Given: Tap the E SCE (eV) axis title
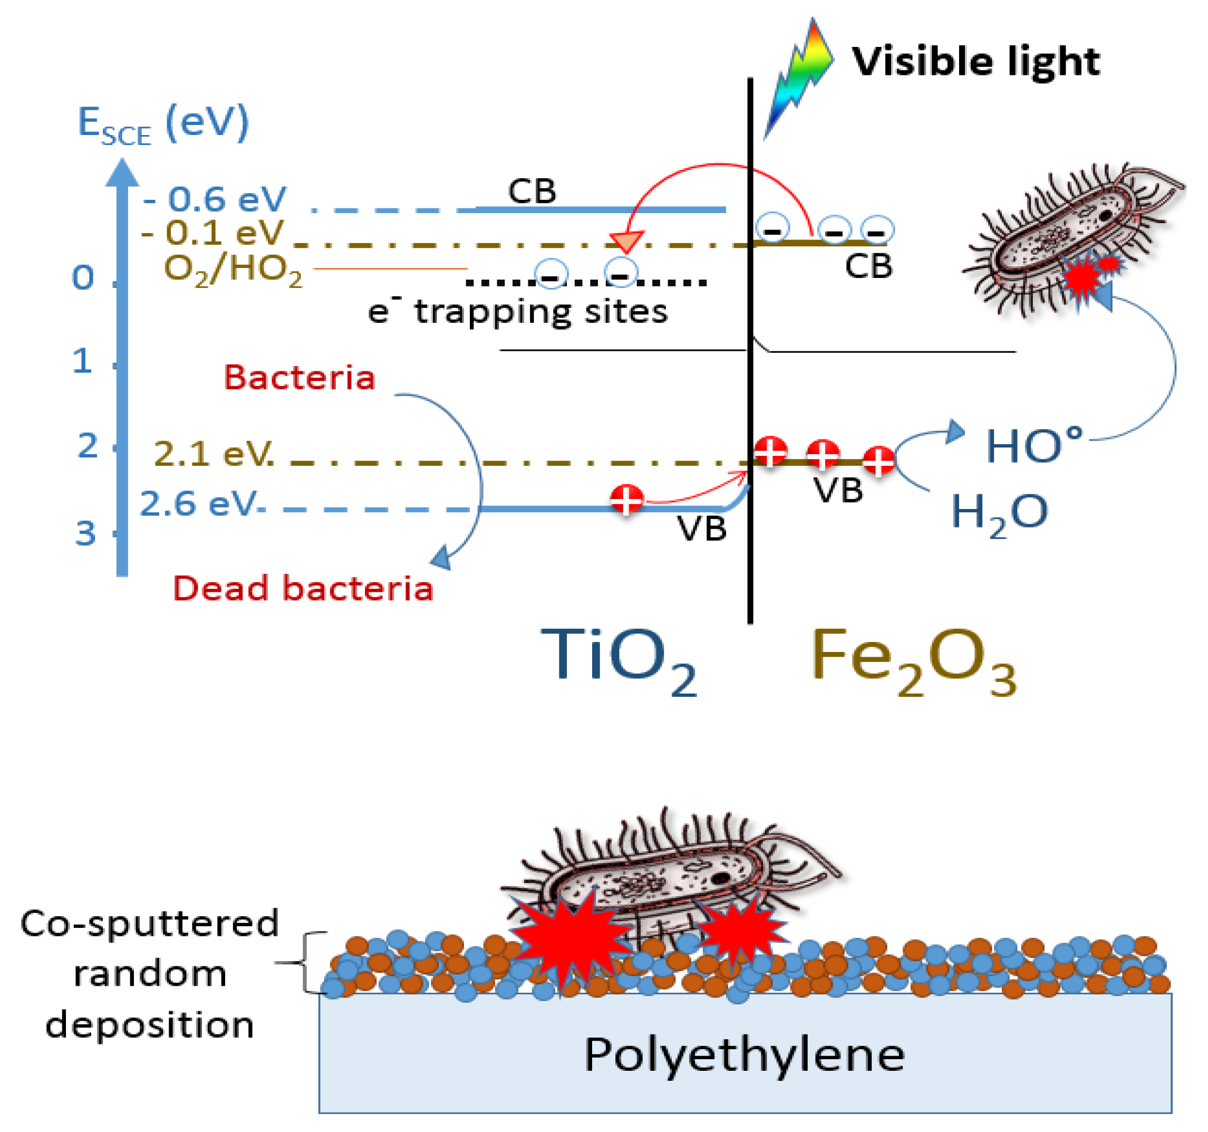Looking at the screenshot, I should point(163,124).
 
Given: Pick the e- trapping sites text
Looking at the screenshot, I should point(518,312).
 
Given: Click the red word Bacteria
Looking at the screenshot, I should point(299,378).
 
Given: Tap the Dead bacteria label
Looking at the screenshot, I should point(303,589).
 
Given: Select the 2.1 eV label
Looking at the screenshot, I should point(213,454).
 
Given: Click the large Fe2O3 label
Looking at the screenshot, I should point(913,659).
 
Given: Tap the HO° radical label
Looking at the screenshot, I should point(1033,446).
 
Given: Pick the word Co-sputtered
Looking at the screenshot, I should point(149,924).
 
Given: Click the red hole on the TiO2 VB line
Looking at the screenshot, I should point(626,499).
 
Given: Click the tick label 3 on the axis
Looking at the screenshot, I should point(85,534).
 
